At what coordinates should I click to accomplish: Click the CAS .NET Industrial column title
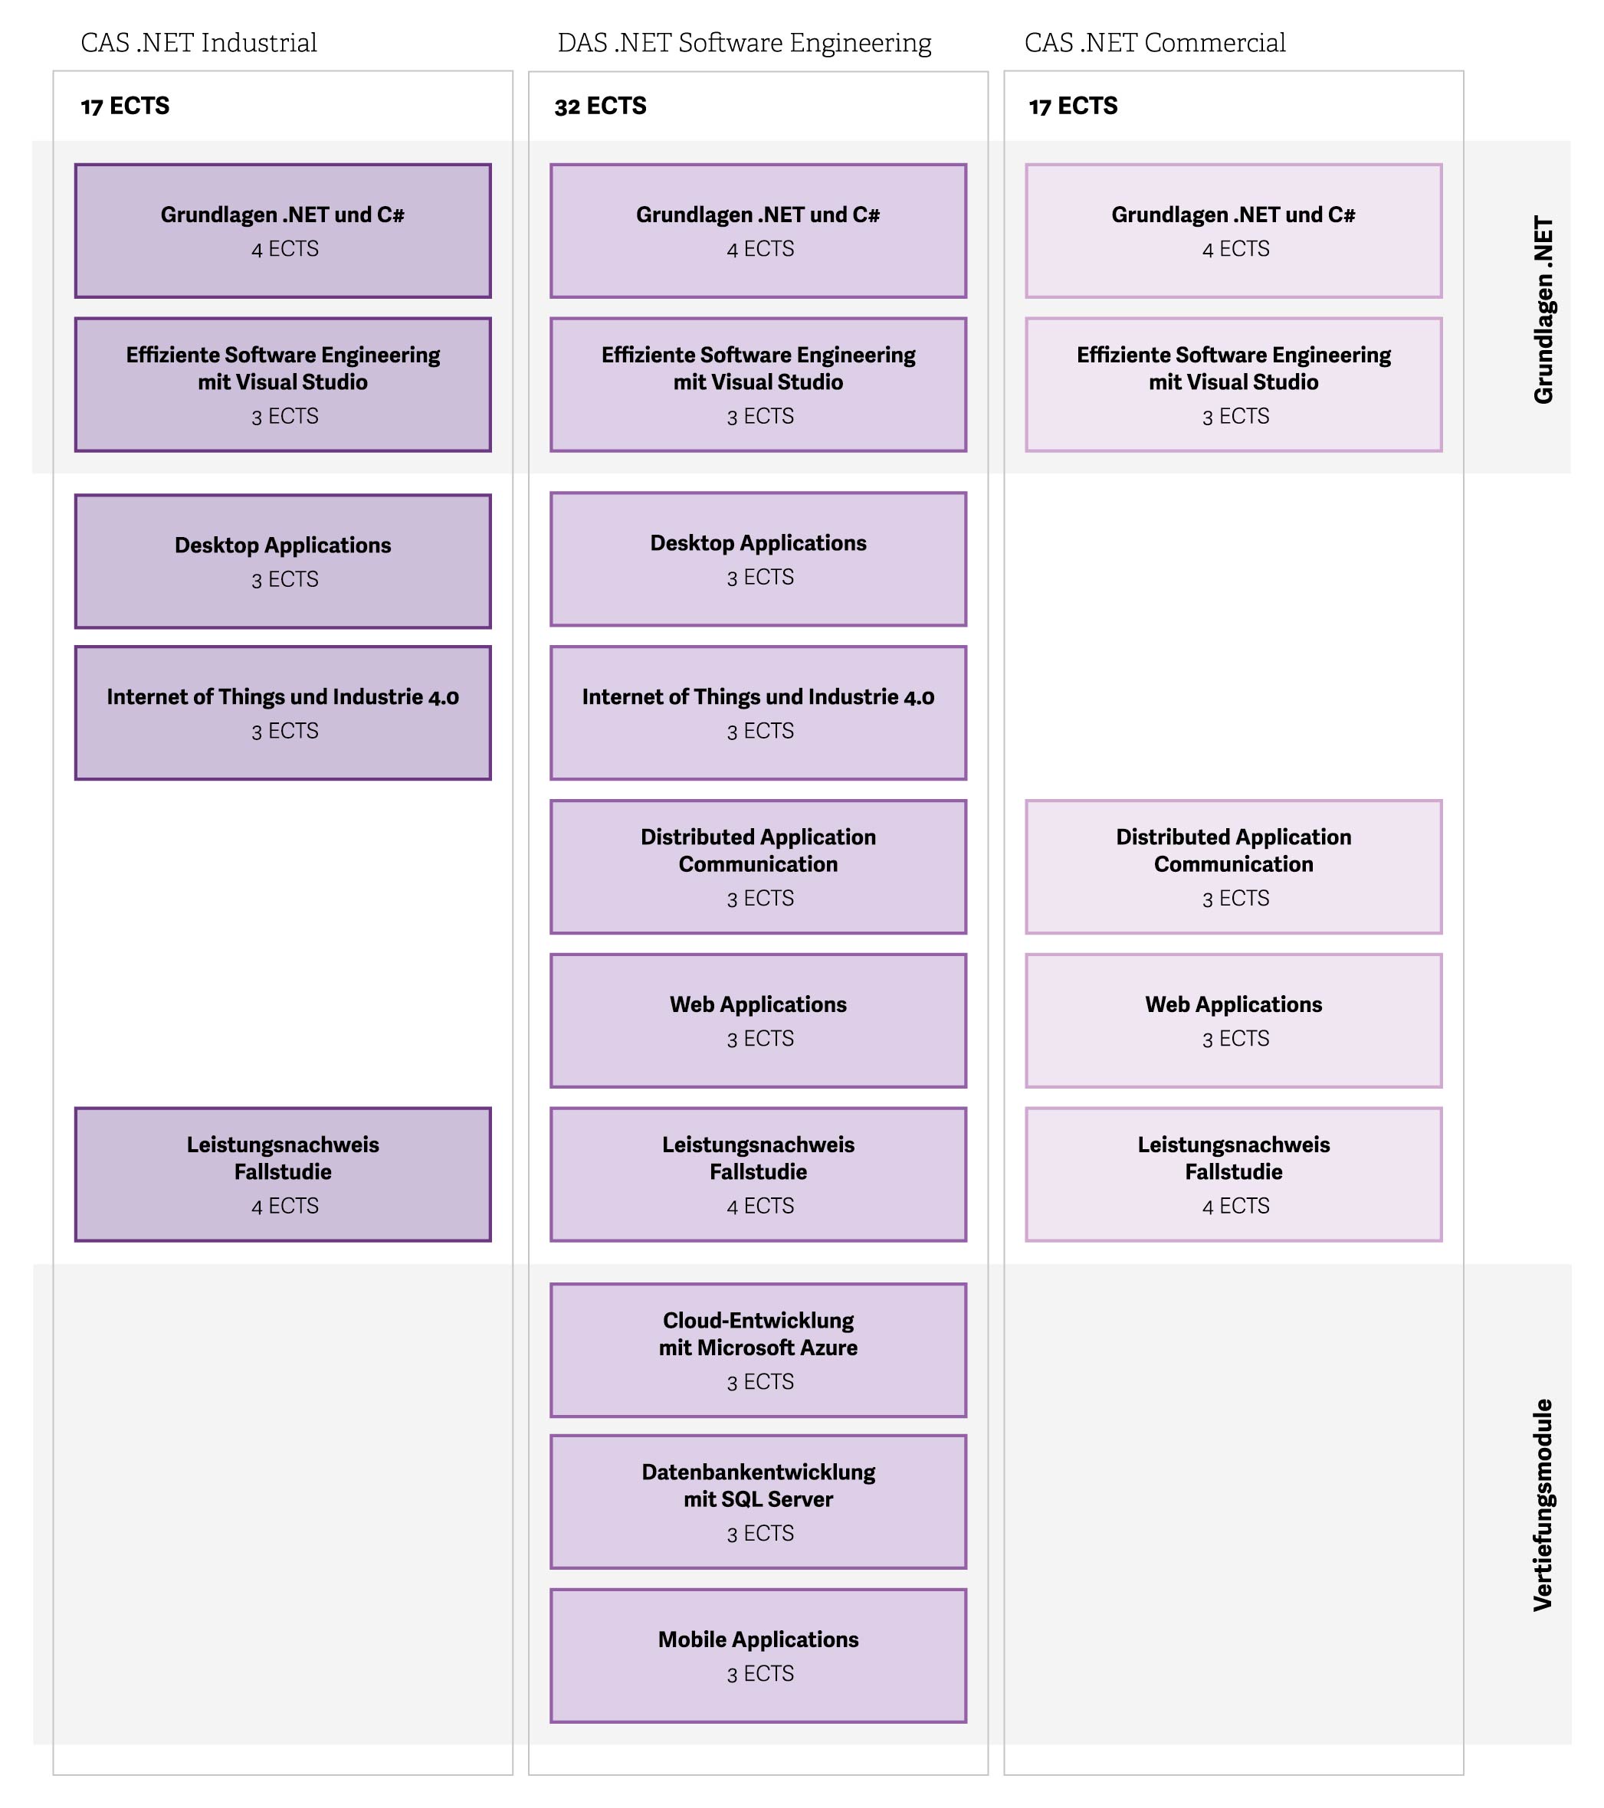(x=199, y=42)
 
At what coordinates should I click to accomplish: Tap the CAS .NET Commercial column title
(x=1155, y=42)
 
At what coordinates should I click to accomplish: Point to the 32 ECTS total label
(x=600, y=106)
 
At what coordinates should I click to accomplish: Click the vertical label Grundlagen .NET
(x=1543, y=310)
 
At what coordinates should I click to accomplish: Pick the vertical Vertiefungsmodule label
(x=1543, y=1505)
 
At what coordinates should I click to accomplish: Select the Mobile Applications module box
(x=758, y=1656)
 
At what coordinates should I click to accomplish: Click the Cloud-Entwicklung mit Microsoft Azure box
(x=758, y=1350)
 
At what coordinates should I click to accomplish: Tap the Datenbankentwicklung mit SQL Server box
(x=758, y=1502)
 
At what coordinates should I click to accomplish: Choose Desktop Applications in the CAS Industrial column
(x=283, y=561)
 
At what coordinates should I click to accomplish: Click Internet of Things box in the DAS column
(x=758, y=713)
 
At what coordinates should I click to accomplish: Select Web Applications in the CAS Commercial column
(x=1233, y=1020)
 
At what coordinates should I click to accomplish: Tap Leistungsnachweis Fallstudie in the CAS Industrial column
(x=283, y=1174)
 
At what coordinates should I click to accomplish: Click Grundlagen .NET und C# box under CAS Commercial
(x=1233, y=231)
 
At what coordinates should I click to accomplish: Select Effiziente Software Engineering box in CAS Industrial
(x=283, y=385)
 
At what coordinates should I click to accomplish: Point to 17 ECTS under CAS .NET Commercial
(x=1072, y=106)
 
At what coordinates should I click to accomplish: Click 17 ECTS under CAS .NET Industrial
(x=125, y=106)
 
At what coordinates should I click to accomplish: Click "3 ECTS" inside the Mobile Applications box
(x=760, y=1674)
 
